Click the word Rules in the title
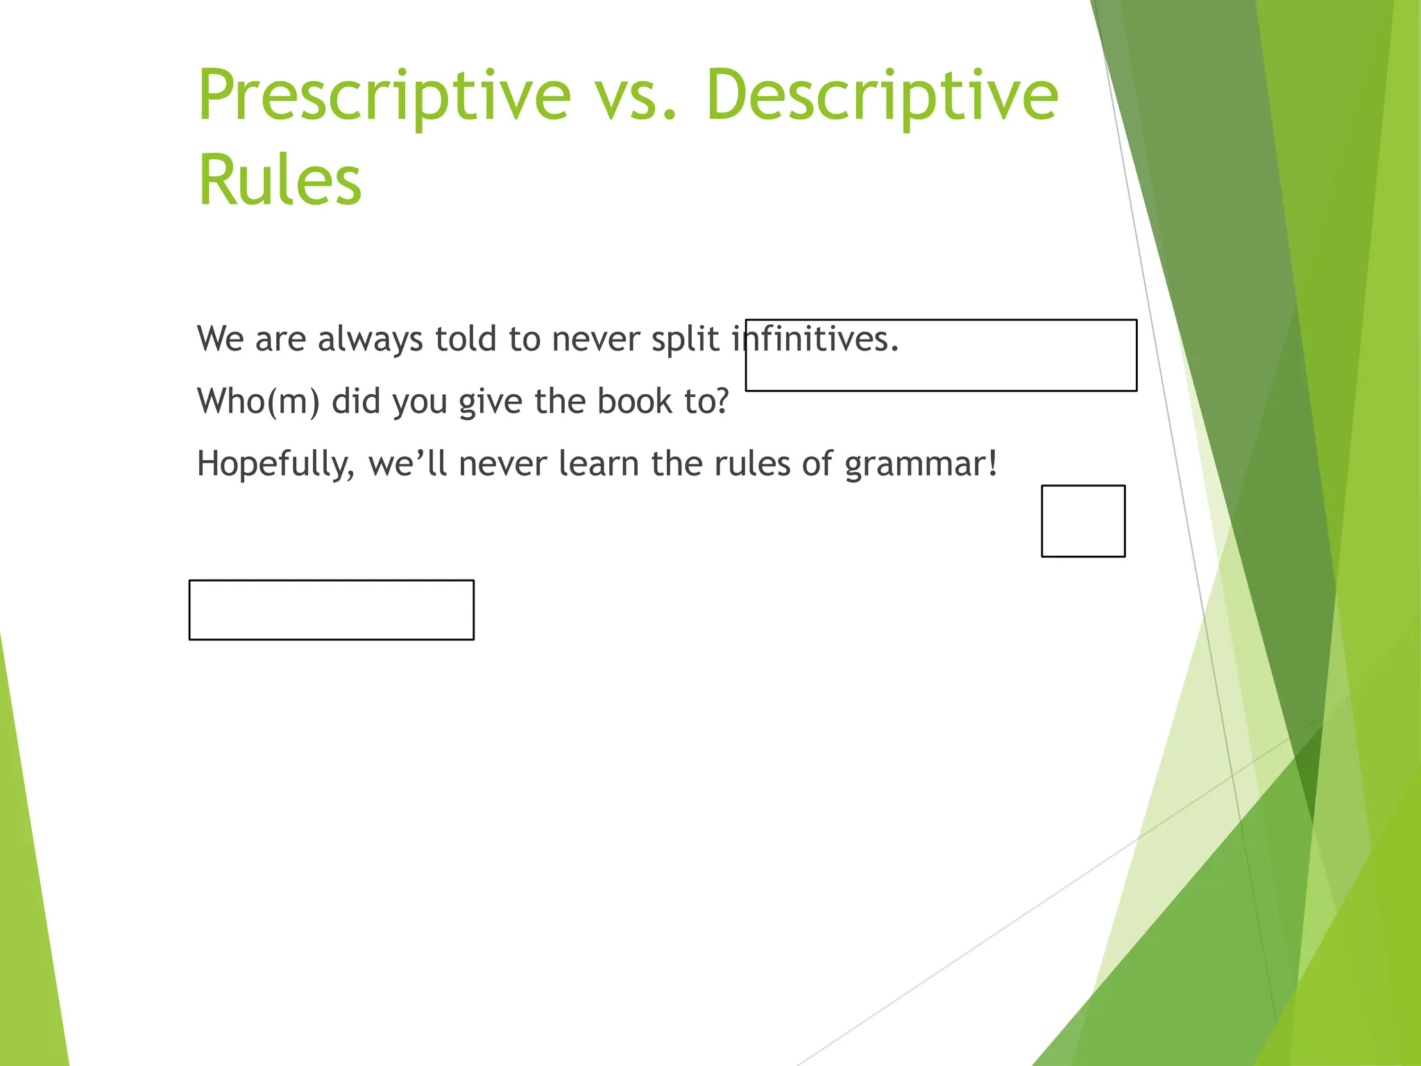pos(280,180)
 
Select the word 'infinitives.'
pos(816,339)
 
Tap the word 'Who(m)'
pos(258,402)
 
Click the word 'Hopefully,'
pos(275,464)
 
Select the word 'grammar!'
pos(921,464)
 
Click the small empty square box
pos(1083,521)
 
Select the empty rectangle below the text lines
pos(332,610)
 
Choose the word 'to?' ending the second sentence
pos(707,402)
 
